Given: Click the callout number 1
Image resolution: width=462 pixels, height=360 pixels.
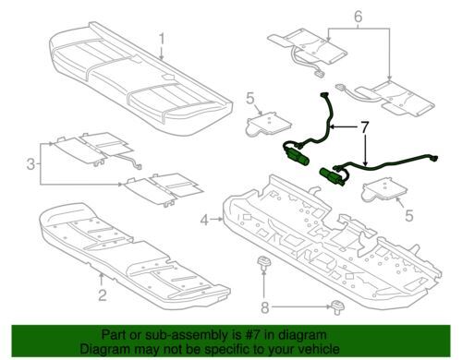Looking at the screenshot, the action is [x=162, y=41].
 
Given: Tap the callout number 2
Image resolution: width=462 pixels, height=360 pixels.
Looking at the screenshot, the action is [x=103, y=295].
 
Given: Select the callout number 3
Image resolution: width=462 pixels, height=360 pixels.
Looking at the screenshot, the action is [x=30, y=163].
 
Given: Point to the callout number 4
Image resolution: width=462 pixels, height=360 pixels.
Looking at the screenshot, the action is [x=205, y=220].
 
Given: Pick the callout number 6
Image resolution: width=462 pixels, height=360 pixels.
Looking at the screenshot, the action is [x=359, y=17].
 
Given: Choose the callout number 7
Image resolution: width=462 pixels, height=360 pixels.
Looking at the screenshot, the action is [x=364, y=127].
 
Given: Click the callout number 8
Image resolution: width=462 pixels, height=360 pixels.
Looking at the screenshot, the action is [x=265, y=307].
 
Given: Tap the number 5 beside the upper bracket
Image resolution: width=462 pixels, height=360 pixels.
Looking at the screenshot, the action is [x=250, y=99].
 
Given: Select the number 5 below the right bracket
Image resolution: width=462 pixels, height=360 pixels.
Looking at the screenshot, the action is [x=408, y=216].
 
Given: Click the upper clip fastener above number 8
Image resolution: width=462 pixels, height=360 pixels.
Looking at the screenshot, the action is [x=262, y=261].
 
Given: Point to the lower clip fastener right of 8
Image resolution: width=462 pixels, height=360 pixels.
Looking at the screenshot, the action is [x=338, y=306].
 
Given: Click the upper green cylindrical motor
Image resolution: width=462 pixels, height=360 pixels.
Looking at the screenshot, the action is [x=298, y=155].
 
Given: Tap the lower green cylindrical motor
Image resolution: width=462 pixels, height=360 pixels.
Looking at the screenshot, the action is [x=331, y=175].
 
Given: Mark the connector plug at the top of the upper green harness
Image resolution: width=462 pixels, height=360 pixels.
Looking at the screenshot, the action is [x=324, y=95].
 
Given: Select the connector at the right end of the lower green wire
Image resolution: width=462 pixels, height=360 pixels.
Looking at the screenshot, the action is [x=434, y=159].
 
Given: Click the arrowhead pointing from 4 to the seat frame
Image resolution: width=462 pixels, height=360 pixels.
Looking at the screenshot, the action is [x=220, y=220].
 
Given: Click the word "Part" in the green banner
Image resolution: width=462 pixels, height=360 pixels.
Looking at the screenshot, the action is [x=114, y=335].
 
